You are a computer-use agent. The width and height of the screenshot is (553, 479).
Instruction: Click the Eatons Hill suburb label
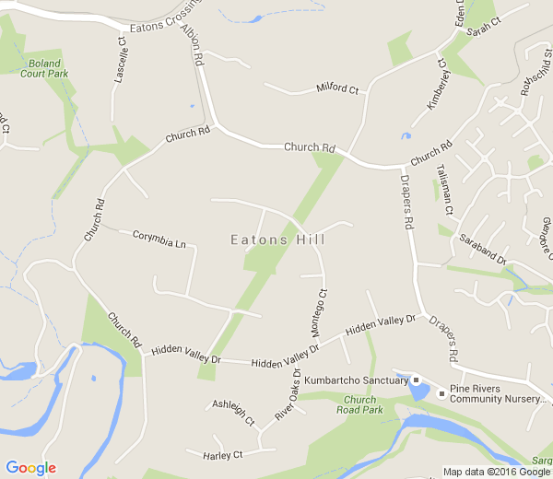277,239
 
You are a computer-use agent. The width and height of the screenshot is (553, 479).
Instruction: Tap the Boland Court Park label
45,68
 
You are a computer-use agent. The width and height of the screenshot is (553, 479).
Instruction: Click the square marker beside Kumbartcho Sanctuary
416,380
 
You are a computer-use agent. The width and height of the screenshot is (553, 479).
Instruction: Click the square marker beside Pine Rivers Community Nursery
441,394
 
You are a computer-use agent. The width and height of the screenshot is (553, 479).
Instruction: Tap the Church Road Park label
359,405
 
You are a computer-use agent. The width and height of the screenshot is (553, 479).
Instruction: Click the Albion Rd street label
192,44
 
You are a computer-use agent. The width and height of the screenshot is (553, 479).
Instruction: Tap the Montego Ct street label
316,316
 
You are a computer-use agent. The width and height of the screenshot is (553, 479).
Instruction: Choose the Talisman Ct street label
445,189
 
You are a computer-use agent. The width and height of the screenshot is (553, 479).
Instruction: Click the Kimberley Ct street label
437,85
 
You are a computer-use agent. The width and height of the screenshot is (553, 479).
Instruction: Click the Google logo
30,468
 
